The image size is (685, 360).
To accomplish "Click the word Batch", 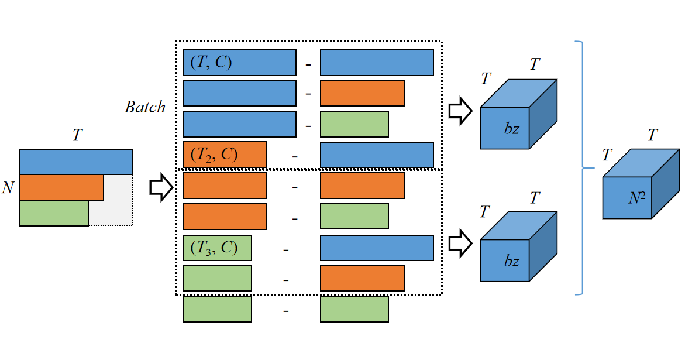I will pos(144,107).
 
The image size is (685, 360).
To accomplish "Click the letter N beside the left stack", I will pos(8,188).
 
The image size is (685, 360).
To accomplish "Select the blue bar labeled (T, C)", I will pos(239,63).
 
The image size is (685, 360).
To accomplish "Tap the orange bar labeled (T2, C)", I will pos(225,155).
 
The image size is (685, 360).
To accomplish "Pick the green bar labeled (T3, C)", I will pos(217,248).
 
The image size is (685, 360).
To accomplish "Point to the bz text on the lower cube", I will pos(512,261).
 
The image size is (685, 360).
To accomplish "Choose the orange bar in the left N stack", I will pos(61,187).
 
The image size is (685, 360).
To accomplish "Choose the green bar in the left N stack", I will pos(54,213).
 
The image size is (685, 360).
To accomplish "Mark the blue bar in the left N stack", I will pos(76,162).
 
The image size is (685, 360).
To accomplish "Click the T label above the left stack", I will pos(77,135).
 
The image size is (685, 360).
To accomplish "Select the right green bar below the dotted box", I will pos(354,309).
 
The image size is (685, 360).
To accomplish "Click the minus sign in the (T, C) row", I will pos(308,64).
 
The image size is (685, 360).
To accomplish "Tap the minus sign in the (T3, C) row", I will pos(286,249).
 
